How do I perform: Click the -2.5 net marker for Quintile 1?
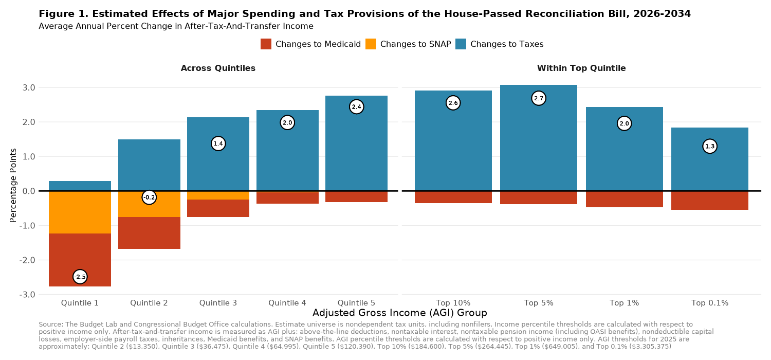point(80,277)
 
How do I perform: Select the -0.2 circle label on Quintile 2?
point(149,197)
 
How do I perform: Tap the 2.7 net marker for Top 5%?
point(538,98)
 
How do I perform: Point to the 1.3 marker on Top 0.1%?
point(709,147)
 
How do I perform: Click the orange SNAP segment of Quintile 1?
point(80,212)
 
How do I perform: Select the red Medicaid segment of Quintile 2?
point(149,233)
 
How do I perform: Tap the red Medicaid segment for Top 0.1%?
point(709,201)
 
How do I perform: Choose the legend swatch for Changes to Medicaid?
point(266,44)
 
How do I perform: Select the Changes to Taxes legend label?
point(506,44)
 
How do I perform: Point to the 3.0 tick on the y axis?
point(29,88)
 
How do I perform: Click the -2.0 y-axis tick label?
point(27,260)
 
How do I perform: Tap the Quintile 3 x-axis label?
point(218,303)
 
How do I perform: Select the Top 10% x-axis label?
point(453,303)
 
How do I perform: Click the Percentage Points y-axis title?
point(13,185)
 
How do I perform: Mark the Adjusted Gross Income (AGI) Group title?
point(399,313)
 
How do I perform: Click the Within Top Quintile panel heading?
point(581,68)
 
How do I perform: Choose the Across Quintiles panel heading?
point(218,68)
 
